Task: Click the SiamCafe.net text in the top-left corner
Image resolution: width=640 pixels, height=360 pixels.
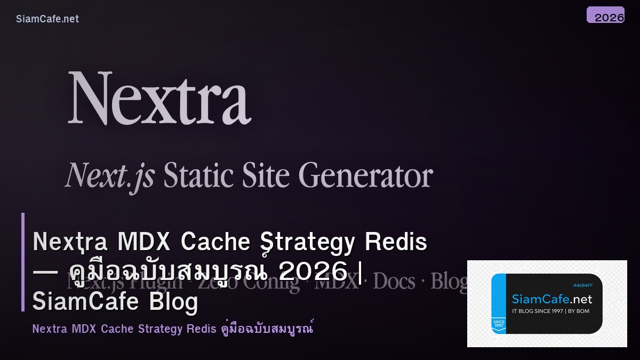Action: (47, 19)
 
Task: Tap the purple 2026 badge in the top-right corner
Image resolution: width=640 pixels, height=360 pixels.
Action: (605, 15)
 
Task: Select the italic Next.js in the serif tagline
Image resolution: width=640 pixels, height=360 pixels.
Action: (109, 175)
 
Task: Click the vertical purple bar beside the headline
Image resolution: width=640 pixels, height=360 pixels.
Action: (23, 262)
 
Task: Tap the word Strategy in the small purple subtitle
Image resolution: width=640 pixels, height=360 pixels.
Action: (160, 329)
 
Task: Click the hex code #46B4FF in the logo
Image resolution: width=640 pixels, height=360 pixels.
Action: (583, 285)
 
